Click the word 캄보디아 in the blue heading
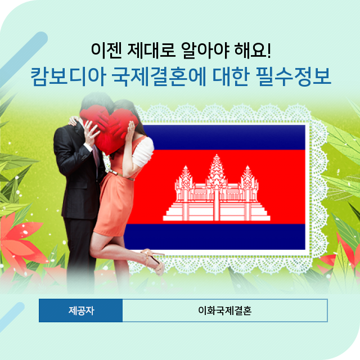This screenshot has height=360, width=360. tap(68, 76)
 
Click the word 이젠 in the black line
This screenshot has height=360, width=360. tap(106, 50)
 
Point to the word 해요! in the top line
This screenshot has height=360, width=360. tap(253, 50)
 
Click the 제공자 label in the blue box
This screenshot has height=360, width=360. tap(81, 310)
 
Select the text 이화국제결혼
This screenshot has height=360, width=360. tap(225, 310)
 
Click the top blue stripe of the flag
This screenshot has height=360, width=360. tap(224, 137)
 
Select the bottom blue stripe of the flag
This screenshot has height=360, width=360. tap(215, 236)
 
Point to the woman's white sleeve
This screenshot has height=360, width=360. tap(143, 152)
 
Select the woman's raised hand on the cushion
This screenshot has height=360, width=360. tap(130, 131)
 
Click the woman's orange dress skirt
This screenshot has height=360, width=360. tap(112, 204)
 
